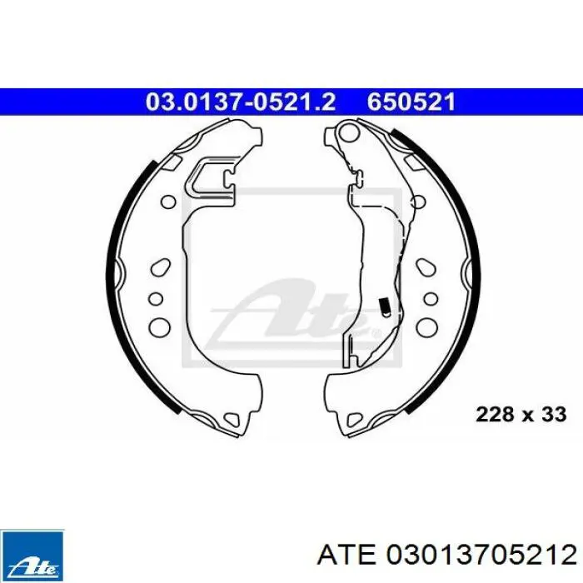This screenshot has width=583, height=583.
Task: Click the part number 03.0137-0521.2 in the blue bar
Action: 241,102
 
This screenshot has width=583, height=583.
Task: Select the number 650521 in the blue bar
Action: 411,102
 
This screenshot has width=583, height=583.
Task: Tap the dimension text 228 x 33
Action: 521,414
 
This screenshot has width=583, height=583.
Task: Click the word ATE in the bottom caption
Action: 346,556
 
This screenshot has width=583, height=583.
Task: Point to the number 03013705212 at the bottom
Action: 481,556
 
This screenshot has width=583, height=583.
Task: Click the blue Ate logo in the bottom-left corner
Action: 32,556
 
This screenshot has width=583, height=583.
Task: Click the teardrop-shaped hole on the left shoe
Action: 161,267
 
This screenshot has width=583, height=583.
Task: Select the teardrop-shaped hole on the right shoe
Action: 426,267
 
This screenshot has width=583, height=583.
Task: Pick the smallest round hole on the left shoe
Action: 156,298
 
